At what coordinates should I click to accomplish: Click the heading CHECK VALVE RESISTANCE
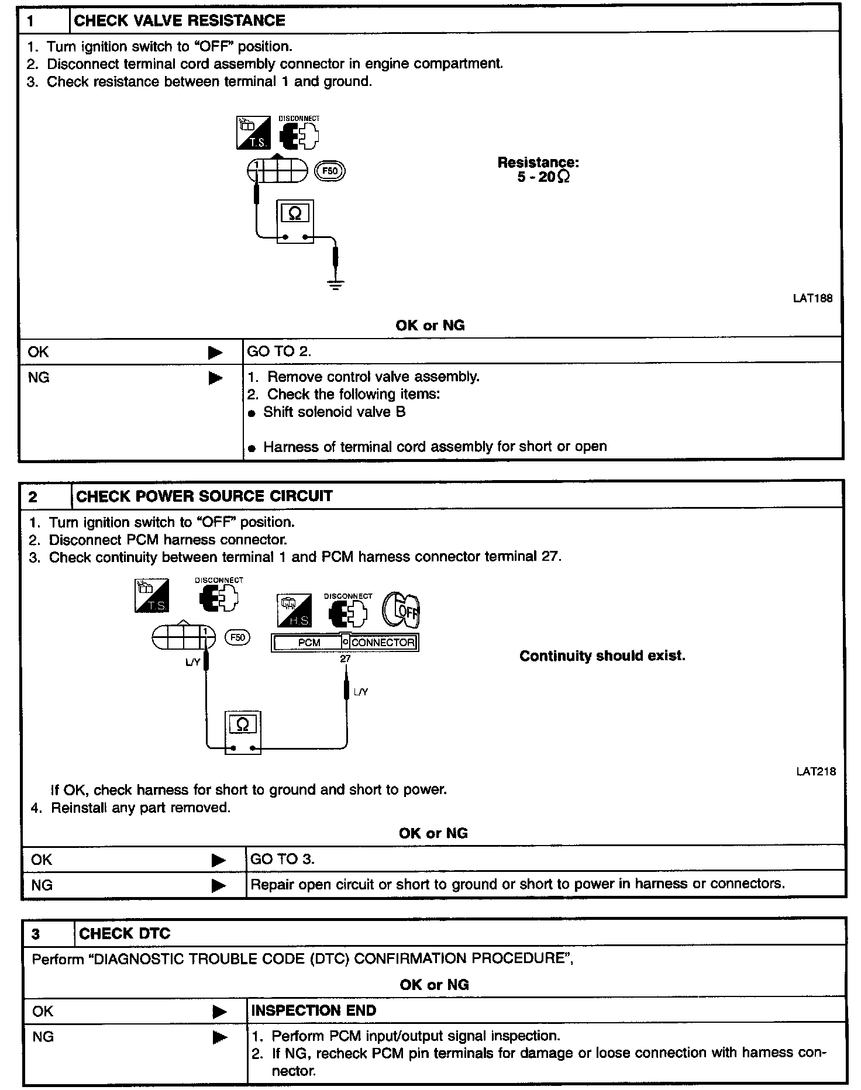coord(180,20)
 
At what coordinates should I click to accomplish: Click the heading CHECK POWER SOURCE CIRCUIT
coord(204,496)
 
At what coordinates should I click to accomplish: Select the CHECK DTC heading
coord(125,933)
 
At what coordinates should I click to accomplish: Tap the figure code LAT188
coord(812,298)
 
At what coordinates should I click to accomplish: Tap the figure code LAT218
coord(816,771)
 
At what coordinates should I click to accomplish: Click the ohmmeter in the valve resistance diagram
coord(295,221)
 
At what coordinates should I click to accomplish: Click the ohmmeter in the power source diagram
coord(243,733)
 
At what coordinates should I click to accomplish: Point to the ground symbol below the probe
coord(336,285)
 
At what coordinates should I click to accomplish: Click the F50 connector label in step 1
coord(330,171)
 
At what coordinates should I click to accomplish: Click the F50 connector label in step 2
coord(237,637)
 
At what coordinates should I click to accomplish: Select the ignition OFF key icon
coord(401,611)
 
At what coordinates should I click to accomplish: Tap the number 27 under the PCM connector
coord(345,658)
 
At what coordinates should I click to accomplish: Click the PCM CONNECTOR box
coord(345,643)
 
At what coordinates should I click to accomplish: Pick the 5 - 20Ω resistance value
coord(543,177)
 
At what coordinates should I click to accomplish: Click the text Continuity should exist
coord(602,656)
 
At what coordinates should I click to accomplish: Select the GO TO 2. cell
coord(280,351)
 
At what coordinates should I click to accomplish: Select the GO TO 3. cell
coord(283,859)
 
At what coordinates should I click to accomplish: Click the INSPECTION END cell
coord(314,1010)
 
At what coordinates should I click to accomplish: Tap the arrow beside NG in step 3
coord(219,1038)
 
